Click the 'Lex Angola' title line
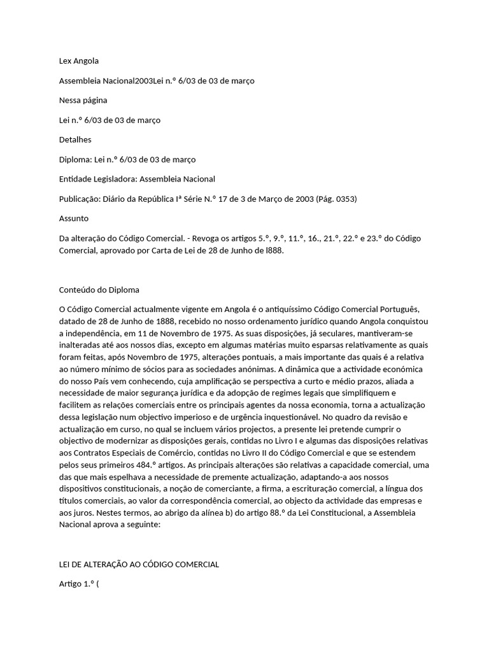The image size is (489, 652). (79, 61)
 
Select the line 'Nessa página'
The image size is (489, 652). (83, 100)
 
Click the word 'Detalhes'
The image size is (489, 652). (75, 139)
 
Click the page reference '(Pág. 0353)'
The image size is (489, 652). (336, 199)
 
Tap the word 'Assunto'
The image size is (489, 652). (74, 218)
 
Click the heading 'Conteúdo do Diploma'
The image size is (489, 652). (99, 290)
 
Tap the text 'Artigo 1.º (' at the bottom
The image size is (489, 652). (79, 584)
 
